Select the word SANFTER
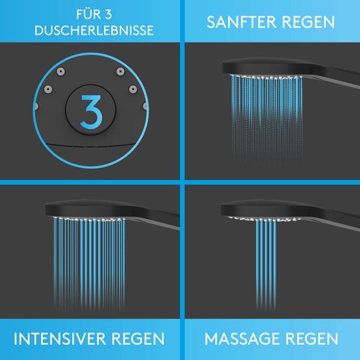coord(240,22)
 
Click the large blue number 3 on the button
coord(90,112)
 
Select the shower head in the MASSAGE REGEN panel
coord(262,209)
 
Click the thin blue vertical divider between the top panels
coord(180,92)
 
